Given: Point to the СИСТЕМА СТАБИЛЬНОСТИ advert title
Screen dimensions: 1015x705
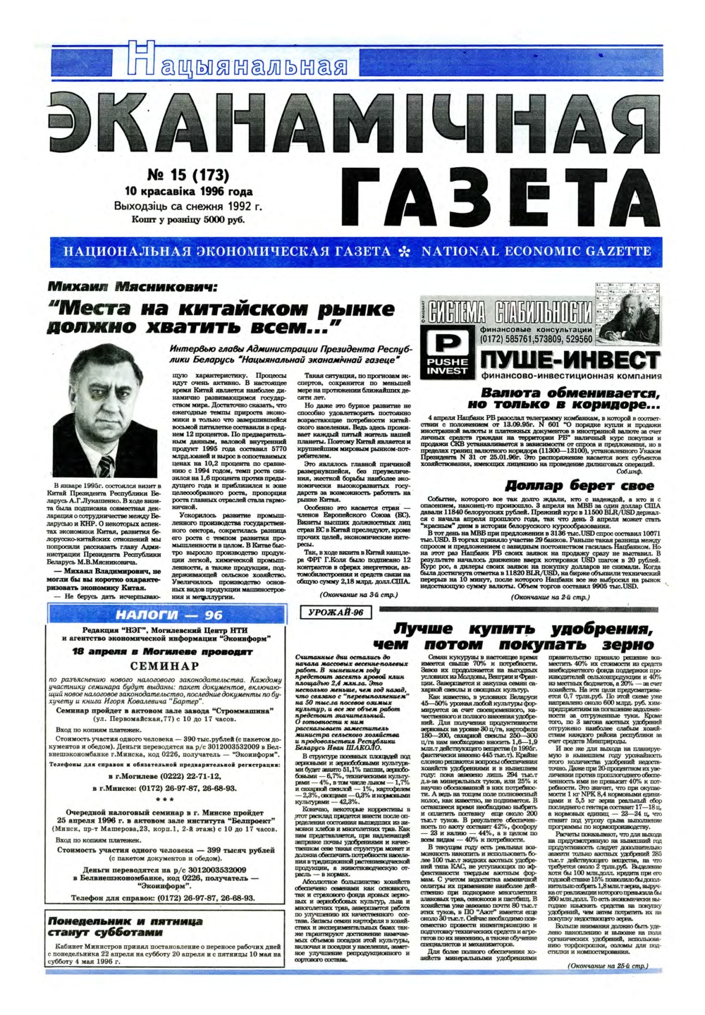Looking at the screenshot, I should point(511,312).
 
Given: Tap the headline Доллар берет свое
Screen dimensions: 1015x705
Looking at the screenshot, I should point(580,486).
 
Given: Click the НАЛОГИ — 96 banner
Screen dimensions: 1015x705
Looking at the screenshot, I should point(164,615).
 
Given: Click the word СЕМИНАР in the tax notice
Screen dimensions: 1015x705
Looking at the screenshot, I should point(164,666).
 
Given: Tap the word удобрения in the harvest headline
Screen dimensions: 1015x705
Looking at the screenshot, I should point(601,629).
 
